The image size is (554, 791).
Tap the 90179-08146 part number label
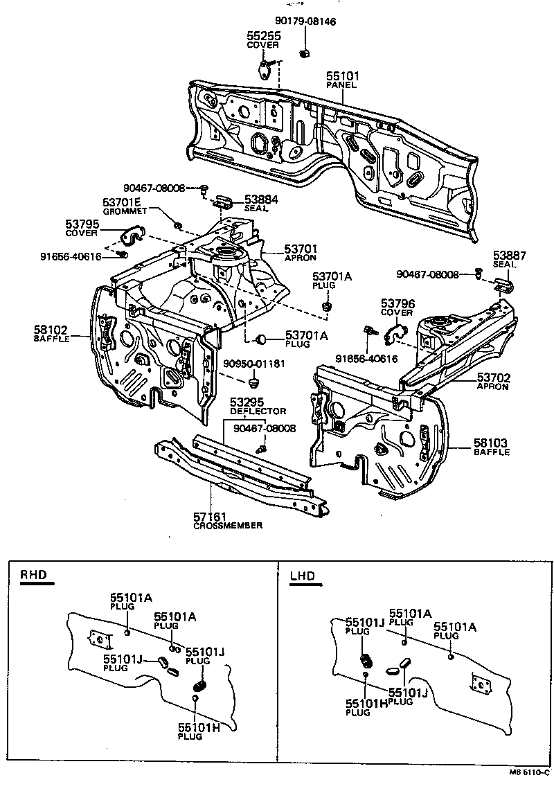[305, 21]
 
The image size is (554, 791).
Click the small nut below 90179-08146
[304, 52]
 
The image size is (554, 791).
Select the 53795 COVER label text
[82, 228]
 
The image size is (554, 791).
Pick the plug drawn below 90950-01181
[253, 382]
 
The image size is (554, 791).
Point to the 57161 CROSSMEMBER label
[228, 521]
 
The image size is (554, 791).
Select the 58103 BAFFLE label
[491, 446]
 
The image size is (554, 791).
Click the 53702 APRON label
[492, 382]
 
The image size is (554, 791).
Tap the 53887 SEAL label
[510, 260]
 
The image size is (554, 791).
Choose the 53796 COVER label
[397, 307]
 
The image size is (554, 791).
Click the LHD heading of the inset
[302, 576]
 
